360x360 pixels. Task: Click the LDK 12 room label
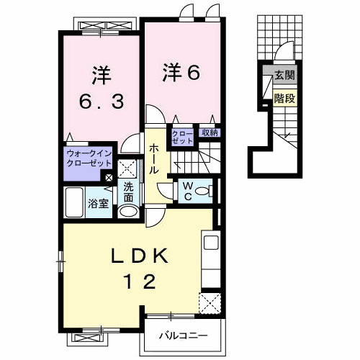(x=140, y=268)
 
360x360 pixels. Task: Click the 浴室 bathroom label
(x=99, y=204)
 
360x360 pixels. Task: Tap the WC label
(x=186, y=190)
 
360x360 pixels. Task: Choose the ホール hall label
(x=155, y=159)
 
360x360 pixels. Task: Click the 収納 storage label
(x=210, y=133)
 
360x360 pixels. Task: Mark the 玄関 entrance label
(x=284, y=74)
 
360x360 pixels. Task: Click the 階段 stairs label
(x=284, y=99)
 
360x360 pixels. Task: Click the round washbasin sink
(x=127, y=212)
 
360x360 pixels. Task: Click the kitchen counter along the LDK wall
(x=210, y=259)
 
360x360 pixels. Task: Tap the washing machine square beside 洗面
(x=129, y=170)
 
